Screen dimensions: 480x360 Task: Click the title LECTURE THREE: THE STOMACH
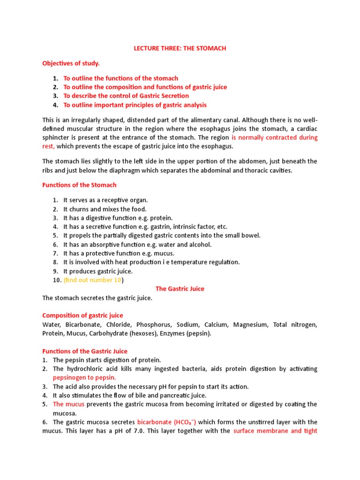pyautogui.click(x=180, y=47)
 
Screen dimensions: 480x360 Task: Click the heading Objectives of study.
pyautogui.click(x=71, y=63)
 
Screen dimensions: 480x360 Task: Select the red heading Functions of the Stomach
pyautogui.click(x=79, y=185)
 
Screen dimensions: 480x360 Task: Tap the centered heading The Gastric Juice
pyautogui.click(x=180, y=289)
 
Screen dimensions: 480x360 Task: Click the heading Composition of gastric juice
pyautogui.click(x=82, y=315)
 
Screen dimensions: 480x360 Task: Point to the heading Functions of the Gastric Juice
pyautogui.click(x=85, y=351)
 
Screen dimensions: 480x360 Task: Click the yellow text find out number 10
pyautogui.click(x=92, y=280)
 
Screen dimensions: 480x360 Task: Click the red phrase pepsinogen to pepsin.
pyautogui.click(x=84, y=377)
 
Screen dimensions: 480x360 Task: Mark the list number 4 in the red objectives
pyautogui.click(x=55, y=105)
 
